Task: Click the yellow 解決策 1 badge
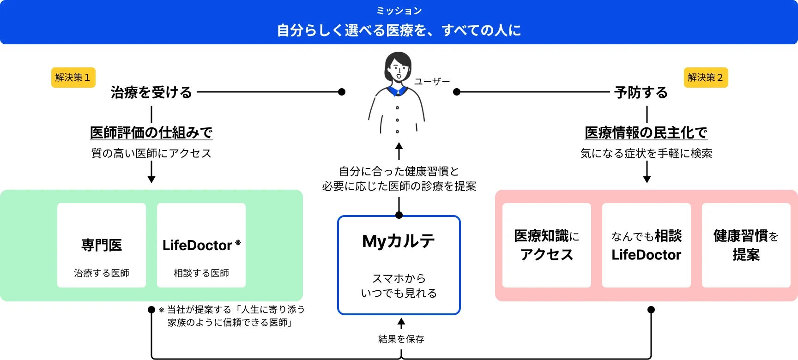point(73,78)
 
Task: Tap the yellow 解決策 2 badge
point(705,78)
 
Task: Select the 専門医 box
point(102,245)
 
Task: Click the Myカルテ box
point(399,265)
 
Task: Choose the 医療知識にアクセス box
point(546,245)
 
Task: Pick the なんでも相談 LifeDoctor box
point(646,245)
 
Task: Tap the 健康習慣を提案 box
point(746,245)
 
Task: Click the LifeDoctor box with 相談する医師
point(201,245)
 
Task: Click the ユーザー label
point(432,82)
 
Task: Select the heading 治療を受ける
point(151,92)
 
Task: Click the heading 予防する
point(641,92)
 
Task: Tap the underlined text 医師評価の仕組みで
point(151,133)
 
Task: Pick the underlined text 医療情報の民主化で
point(646,133)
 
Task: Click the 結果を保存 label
point(401,339)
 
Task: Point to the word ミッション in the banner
point(399,11)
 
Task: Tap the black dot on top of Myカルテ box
point(399,215)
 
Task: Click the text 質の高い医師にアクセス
point(151,153)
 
